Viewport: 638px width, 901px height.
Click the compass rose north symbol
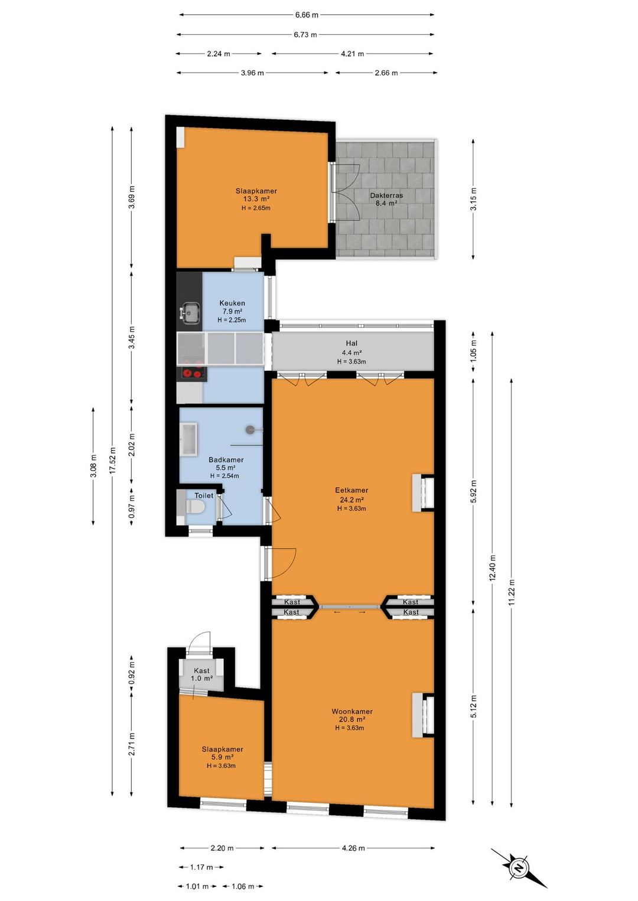point(519,867)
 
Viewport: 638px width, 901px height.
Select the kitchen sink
point(190,313)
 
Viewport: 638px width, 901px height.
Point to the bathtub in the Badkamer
point(188,439)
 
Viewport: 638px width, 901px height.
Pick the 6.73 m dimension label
point(305,35)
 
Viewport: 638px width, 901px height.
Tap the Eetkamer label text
point(351,490)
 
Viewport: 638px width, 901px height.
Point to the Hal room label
point(351,343)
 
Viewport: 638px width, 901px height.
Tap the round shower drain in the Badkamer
point(250,430)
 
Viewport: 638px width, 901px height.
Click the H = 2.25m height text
point(232,320)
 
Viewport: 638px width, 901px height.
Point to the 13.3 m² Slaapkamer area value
point(256,199)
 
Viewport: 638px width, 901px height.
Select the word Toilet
point(204,495)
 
